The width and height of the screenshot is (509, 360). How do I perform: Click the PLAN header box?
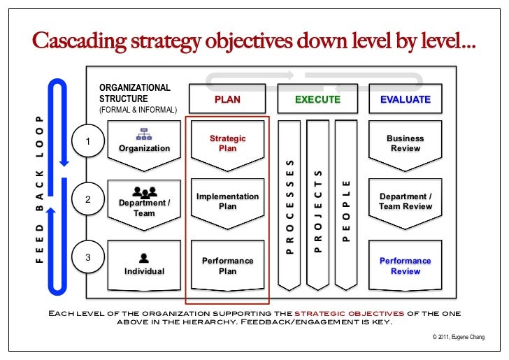[x=227, y=99]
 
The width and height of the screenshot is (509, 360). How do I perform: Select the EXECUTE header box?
[x=317, y=99]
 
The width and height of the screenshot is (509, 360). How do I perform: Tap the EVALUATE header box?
[x=406, y=99]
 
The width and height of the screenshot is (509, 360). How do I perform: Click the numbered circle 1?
[x=88, y=143]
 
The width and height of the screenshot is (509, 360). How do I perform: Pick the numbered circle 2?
[x=88, y=199]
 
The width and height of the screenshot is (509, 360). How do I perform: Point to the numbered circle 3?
[x=88, y=257]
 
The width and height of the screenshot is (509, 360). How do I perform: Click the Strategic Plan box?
[x=227, y=143]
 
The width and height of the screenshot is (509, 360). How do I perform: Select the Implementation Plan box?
[x=227, y=201]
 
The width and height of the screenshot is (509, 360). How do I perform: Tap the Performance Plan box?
[x=227, y=266]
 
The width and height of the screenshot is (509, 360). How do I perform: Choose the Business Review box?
[x=406, y=143]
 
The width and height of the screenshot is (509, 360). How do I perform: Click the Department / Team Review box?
[x=406, y=201]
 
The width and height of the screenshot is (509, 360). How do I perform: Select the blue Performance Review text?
[x=406, y=266]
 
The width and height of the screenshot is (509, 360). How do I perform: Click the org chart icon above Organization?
[x=144, y=134]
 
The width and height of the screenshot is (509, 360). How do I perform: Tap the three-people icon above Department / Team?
[x=144, y=191]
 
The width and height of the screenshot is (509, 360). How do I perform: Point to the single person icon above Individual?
[x=144, y=256]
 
